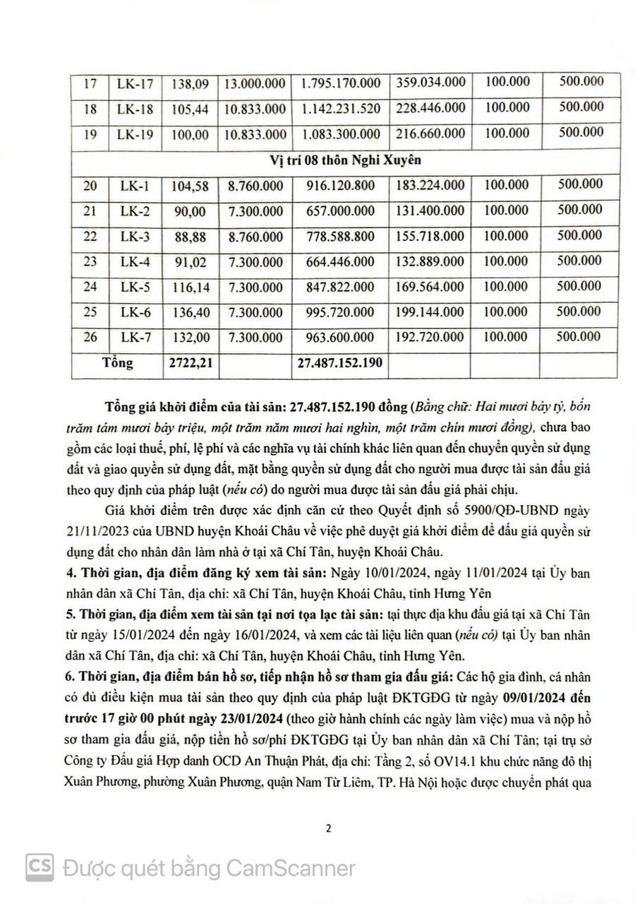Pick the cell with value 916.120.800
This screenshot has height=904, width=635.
[340, 186]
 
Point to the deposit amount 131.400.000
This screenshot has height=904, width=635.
[430, 210]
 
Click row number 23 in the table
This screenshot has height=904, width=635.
[90, 261]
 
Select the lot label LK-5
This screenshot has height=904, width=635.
[135, 287]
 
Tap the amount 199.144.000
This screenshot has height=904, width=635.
[430, 312]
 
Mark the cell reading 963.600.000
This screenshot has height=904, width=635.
[340, 338]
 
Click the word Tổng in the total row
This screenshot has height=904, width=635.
[117, 363]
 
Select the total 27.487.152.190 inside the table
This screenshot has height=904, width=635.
[340, 363]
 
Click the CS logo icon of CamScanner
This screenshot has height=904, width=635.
[40, 867]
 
